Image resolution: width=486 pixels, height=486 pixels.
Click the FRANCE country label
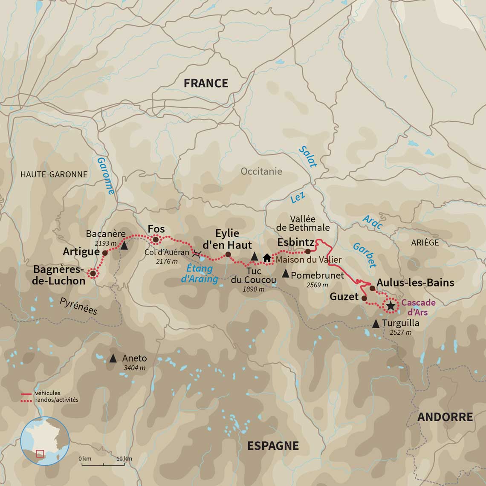coord(206,83)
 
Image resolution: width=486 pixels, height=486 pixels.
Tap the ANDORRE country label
coord(445,417)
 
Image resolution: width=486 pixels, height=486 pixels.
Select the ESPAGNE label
coord(273,446)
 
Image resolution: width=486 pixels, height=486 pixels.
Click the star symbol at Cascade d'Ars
coord(390,306)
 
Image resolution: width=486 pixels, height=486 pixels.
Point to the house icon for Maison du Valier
coord(267,258)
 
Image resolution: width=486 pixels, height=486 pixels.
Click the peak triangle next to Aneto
coord(113,359)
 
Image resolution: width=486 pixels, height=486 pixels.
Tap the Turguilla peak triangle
coord(376,324)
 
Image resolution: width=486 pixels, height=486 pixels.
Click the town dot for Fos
coord(156,240)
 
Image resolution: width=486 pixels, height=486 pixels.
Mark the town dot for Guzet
coord(364,298)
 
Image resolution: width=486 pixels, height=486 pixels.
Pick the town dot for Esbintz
coord(308,251)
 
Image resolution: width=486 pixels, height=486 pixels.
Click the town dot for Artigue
coord(104,253)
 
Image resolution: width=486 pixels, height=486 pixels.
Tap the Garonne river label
coord(106,176)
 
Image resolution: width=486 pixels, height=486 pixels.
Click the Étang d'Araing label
coord(200,274)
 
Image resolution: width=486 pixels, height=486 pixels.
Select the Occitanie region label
coord(261,171)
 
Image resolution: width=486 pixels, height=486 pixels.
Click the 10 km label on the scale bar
coord(124,458)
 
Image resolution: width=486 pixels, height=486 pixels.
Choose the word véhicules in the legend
coord(47,393)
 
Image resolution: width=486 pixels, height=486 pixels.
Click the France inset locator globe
coord(45,441)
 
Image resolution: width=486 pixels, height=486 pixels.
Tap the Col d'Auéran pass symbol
coord(197,254)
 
